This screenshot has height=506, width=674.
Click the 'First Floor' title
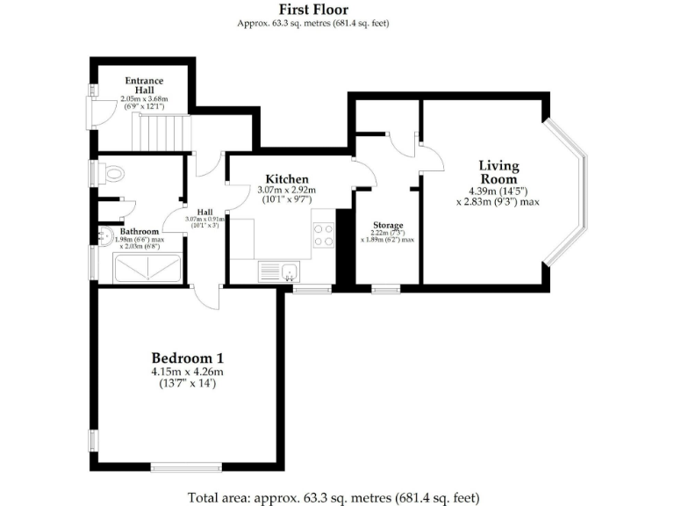[313, 10]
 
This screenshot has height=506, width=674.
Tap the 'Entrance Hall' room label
[142, 86]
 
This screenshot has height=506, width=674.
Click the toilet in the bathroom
[111, 175]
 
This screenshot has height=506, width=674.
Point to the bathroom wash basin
[105, 235]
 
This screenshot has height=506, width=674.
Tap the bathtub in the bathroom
[140, 269]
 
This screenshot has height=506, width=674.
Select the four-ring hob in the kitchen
[323, 235]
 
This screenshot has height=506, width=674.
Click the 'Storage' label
[387, 225]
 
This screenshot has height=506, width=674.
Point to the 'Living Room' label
[498, 171]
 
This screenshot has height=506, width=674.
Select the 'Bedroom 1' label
[188, 358]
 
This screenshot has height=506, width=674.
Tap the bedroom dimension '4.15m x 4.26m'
[188, 372]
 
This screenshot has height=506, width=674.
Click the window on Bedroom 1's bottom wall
[185, 467]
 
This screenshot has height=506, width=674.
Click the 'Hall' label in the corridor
[204, 212]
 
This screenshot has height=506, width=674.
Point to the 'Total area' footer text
[333, 497]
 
